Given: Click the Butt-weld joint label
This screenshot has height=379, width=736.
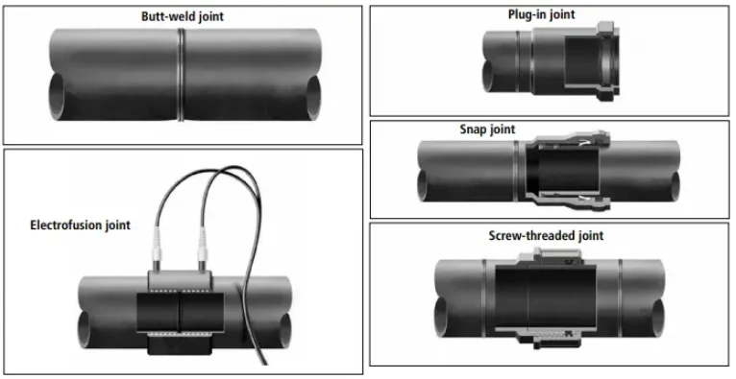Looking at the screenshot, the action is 183,16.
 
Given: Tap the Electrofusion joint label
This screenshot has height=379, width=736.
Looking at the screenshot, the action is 81,225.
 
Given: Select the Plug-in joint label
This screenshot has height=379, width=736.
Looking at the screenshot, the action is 541,14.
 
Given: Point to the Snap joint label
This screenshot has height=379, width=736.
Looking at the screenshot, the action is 487,129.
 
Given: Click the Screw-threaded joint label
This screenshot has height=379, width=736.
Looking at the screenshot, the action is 546,235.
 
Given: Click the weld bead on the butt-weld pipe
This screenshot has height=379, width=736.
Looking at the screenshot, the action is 182,75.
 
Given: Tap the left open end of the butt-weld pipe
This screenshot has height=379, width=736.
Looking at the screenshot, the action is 57,96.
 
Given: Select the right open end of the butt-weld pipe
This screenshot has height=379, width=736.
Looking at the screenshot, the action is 313,96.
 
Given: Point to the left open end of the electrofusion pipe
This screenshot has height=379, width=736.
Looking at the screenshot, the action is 85,329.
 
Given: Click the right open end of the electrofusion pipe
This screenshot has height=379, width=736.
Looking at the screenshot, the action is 285,329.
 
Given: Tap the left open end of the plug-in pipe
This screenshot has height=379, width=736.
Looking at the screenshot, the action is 488,75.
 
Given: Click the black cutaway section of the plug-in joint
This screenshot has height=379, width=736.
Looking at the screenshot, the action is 582,62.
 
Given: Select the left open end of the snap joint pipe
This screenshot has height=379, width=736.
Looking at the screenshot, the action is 422,185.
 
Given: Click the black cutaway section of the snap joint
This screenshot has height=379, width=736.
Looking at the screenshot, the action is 563,171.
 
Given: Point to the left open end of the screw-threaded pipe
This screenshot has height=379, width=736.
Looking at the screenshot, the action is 441,317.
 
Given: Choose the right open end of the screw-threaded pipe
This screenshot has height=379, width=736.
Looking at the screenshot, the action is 657,317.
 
